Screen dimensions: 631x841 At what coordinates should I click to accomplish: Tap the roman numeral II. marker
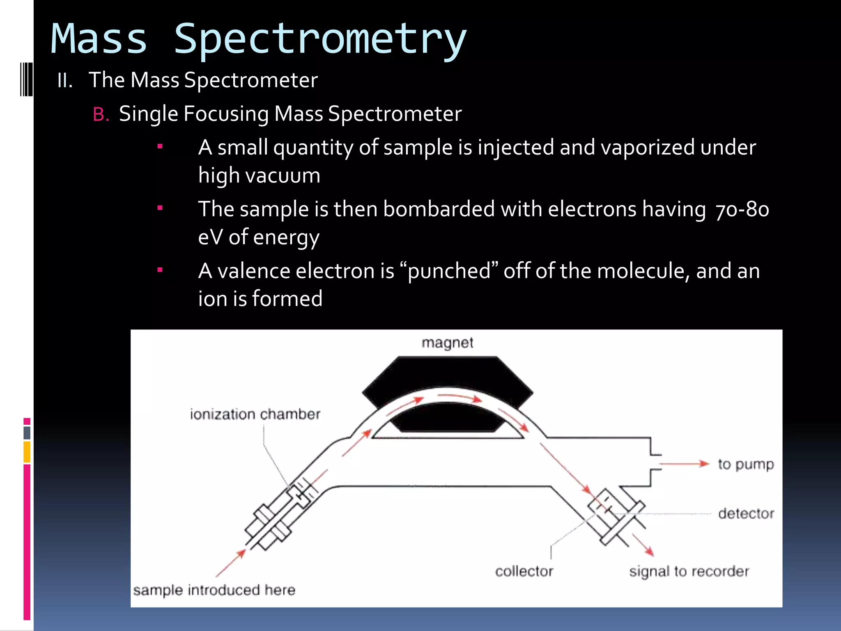[x=65, y=81]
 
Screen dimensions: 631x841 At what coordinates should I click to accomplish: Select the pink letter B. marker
[x=101, y=115]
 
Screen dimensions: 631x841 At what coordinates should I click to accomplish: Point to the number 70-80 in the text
[x=742, y=210]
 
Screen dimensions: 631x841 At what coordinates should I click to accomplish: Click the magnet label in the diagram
[x=447, y=343]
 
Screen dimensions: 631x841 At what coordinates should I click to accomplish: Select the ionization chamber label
[x=255, y=414]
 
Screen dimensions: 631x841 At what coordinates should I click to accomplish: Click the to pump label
[x=746, y=464]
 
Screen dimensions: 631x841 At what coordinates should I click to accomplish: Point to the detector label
[x=746, y=514]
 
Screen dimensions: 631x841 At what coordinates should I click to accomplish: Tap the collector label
[x=524, y=571]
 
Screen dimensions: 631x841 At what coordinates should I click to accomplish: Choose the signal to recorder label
[x=689, y=571]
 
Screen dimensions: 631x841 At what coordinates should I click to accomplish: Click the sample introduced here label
[x=214, y=590]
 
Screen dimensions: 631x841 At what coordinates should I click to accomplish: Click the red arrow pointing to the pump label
[x=684, y=464]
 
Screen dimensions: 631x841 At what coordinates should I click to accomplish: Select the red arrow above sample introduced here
[x=231, y=563]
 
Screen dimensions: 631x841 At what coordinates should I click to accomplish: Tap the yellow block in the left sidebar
[x=27, y=452]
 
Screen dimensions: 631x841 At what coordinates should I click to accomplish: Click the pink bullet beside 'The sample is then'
[x=160, y=208]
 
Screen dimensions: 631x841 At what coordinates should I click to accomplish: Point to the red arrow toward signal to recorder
[x=643, y=545]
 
